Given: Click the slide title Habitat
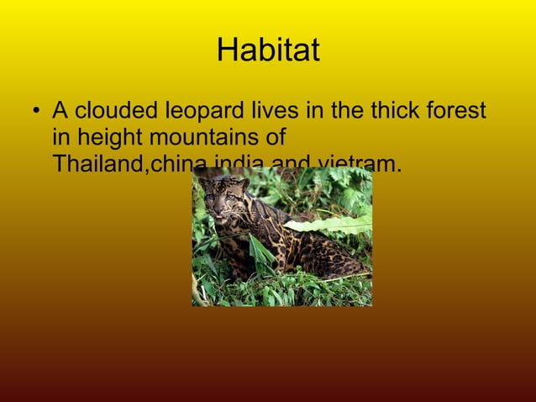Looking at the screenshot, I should [x=268, y=50].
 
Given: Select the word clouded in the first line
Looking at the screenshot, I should [x=119, y=110].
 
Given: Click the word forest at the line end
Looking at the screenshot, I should [x=458, y=110].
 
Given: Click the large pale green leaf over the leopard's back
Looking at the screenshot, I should [x=332, y=224].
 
